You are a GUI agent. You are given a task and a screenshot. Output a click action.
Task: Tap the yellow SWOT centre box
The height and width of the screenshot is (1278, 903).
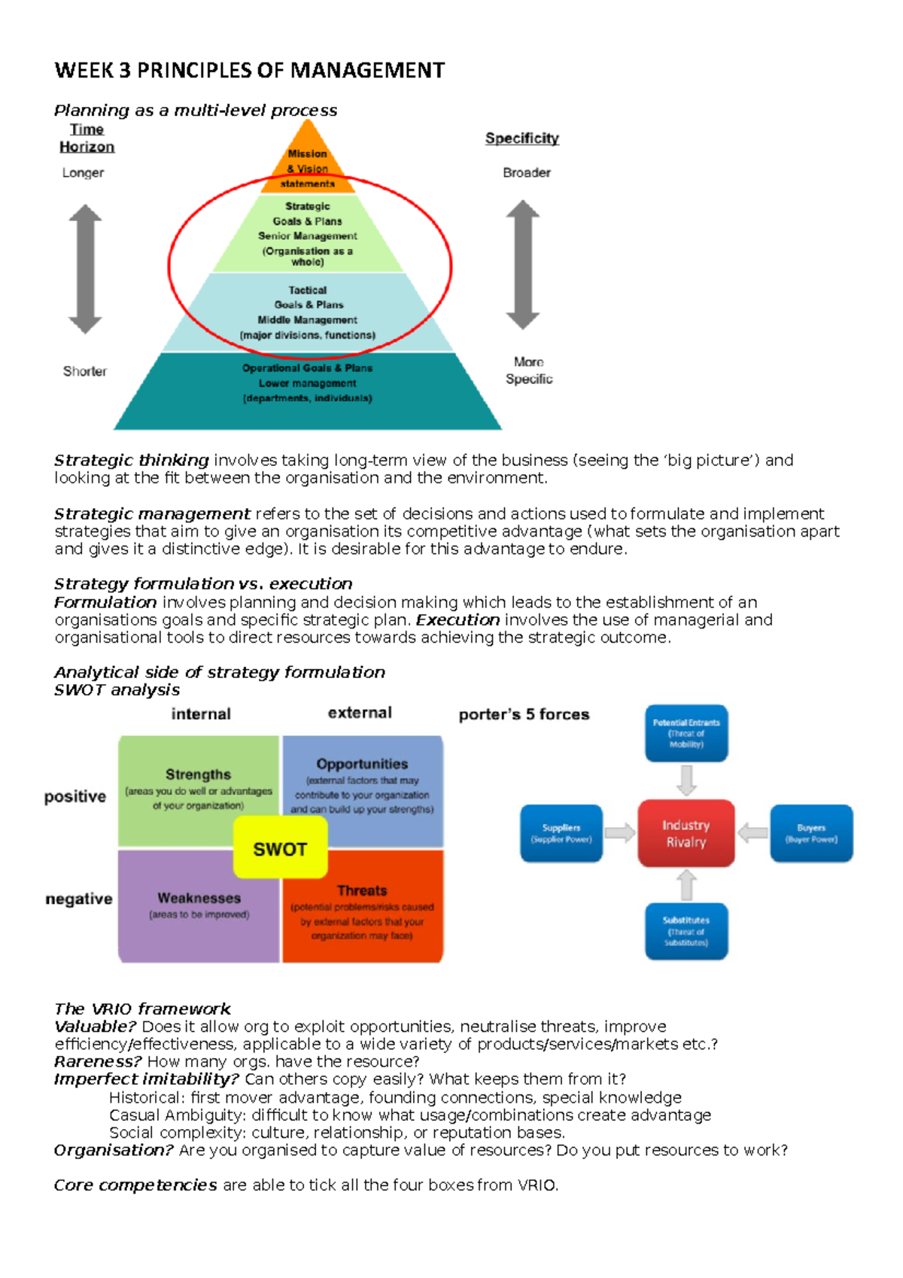pyautogui.click(x=280, y=848)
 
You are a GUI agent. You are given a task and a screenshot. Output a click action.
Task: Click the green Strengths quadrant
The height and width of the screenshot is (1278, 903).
pyautogui.click(x=198, y=783)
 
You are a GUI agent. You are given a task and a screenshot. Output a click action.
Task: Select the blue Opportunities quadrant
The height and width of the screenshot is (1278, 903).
pyautogui.click(x=362, y=783)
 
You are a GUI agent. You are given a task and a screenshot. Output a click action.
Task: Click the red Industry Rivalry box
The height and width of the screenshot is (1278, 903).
pyautogui.click(x=686, y=833)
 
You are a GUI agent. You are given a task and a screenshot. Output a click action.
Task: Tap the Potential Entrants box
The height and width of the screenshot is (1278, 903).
pyautogui.click(x=686, y=733)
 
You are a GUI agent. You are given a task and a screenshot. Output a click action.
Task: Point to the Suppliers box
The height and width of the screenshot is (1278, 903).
pyautogui.click(x=561, y=833)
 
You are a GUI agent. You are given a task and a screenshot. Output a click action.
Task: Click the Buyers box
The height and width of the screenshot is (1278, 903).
pyautogui.click(x=811, y=833)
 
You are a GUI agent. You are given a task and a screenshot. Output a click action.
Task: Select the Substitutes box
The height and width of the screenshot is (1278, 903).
pyautogui.click(x=686, y=931)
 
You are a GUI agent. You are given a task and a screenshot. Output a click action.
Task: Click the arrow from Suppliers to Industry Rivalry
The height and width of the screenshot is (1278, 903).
pyautogui.click(x=620, y=832)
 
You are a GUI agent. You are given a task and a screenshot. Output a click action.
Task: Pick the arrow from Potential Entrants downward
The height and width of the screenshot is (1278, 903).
pyautogui.click(x=686, y=780)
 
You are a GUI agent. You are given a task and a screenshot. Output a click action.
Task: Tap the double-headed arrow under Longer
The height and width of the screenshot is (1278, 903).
pyautogui.click(x=85, y=269)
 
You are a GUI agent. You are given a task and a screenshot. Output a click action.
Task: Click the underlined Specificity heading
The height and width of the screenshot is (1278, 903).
pyautogui.click(x=521, y=138)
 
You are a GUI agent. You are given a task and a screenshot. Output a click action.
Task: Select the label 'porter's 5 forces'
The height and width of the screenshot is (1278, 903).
pyautogui.click(x=524, y=714)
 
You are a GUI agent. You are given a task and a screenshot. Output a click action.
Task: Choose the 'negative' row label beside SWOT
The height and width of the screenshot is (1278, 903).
pyautogui.click(x=78, y=899)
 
